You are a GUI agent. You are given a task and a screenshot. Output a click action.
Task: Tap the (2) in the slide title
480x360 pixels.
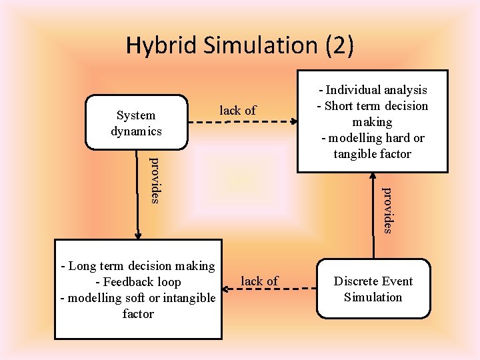coord(339,45)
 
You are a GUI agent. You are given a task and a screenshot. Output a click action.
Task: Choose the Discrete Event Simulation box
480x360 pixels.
coord(373,289)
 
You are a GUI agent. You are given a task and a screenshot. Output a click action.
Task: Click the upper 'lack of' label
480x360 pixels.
coord(238,111)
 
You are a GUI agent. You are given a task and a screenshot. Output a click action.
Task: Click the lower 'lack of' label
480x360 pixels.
coord(259,281)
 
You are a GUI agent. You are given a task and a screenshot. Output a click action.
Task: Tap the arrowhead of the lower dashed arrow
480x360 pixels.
coord(227,289)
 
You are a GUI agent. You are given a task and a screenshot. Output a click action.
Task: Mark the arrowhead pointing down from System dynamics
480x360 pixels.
coord(139,235)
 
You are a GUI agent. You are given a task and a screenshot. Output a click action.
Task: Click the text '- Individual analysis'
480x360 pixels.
coord(373,90)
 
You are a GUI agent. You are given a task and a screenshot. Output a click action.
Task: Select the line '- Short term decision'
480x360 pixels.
coord(373,106)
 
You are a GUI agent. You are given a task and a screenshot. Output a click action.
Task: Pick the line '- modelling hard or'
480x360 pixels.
coord(373,138)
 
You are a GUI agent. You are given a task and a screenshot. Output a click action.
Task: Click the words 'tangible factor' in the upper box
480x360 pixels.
coord(373,154)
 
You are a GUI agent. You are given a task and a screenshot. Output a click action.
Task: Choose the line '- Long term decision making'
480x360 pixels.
coord(138,266)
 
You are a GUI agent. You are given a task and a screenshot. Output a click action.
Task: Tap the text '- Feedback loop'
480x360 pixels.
coord(138,282)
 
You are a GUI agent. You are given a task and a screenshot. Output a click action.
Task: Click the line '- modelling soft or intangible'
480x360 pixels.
coord(138,298)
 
